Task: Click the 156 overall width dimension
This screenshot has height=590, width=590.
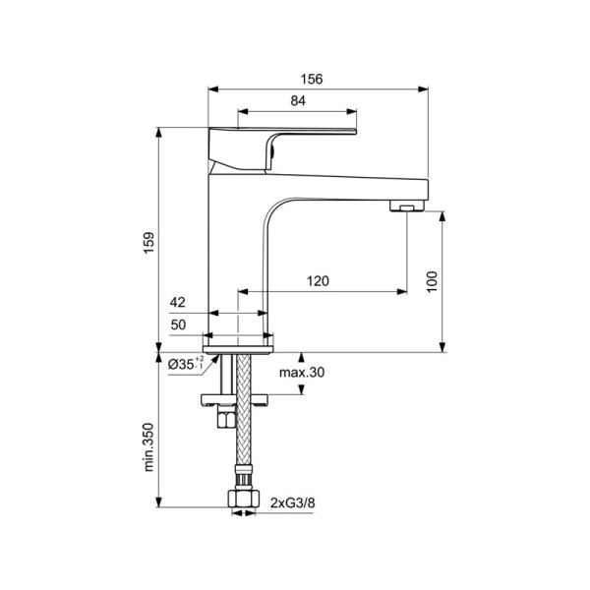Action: pos(318,80)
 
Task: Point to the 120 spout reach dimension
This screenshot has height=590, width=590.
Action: pos(318,281)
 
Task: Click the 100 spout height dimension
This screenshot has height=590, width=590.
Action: pos(431,280)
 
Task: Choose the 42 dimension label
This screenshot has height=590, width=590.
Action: pos(178,304)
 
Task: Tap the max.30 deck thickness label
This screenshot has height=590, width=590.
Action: pos(301,372)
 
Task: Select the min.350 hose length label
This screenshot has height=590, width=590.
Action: pos(148,446)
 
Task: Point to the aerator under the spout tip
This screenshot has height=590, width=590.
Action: pos(404,206)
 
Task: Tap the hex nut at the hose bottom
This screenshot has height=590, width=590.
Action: pos(241,502)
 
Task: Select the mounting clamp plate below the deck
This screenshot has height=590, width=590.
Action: pos(235,398)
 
